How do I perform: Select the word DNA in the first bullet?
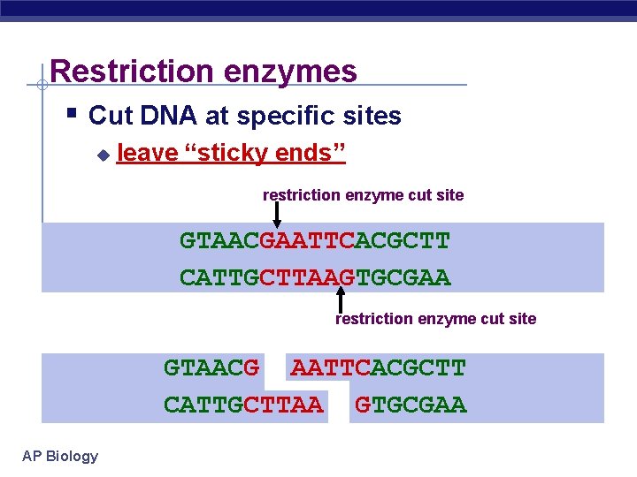pyautogui.click(x=171, y=116)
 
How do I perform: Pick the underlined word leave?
pyautogui.click(x=147, y=154)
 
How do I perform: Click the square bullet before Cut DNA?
pyautogui.click(x=73, y=114)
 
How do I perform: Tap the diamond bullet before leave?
pyautogui.click(x=103, y=155)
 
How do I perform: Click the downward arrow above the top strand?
pyautogui.click(x=276, y=215)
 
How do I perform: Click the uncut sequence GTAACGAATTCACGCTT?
pyautogui.click(x=315, y=240)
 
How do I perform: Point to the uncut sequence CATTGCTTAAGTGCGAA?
pyautogui.click(x=315, y=278)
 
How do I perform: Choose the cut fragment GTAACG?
pyautogui.click(x=211, y=367)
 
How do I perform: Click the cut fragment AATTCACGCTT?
pyautogui.click(x=378, y=367)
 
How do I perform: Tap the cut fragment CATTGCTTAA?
pyautogui.click(x=243, y=405)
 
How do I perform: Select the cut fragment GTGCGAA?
pyautogui.click(x=410, y=405)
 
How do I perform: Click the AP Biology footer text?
pyautogui.click(x=60, y=456)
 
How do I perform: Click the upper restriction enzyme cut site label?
pyautogui.click(x=363, y=194)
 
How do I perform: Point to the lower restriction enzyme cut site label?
pyautogui.click(x=435, y=319)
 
